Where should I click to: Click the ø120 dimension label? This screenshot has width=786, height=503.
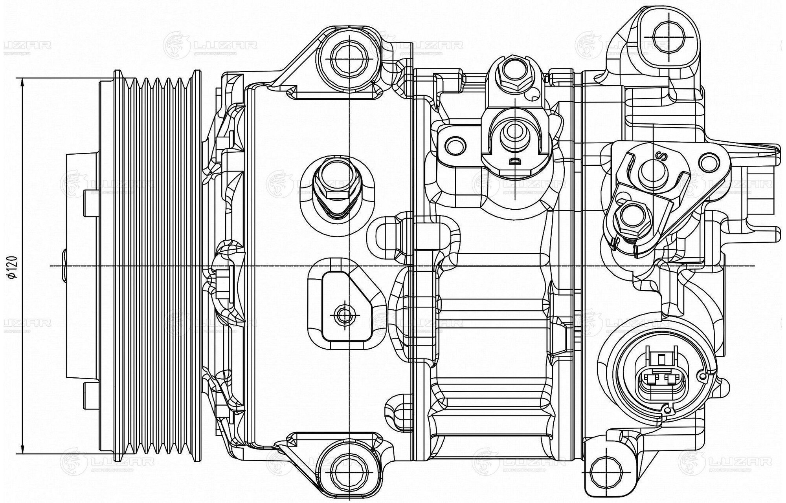(x=13, y=267)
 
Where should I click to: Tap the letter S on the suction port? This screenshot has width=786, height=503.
(x=662, y=156)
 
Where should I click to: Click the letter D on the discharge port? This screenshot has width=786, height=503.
(x=513, y=161)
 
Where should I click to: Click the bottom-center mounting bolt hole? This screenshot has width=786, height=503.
(x=349, y=469)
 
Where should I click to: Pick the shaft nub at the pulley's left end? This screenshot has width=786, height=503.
(x=64, y=265)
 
